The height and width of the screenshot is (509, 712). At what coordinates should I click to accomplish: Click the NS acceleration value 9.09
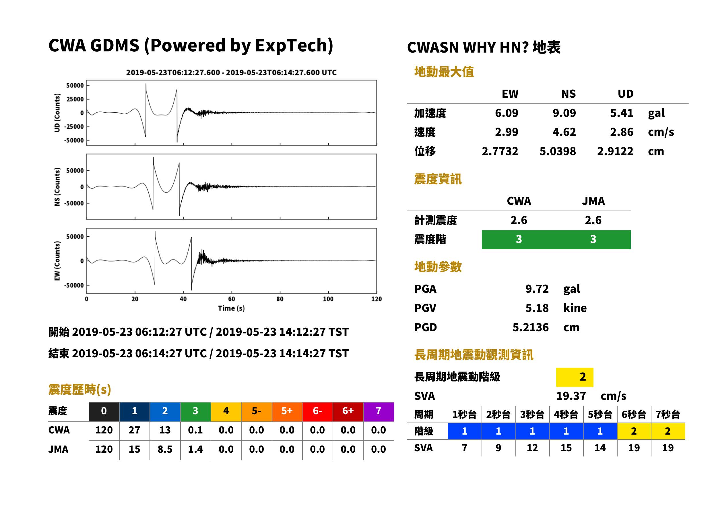(564, 113)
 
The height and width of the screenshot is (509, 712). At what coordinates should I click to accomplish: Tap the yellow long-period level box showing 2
(575, 377)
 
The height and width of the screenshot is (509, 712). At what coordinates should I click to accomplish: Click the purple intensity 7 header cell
(379, 411)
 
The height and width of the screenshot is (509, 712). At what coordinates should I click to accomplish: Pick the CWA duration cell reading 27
(134, 430)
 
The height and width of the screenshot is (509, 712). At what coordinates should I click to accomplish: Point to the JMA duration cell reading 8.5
(165, 449)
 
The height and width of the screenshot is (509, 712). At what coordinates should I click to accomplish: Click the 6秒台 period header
(634, 414)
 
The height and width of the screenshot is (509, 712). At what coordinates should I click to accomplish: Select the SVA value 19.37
(571, 396)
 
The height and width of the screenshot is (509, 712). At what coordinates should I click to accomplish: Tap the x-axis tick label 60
(231, 299)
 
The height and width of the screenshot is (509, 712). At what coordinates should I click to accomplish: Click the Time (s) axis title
(231, 309)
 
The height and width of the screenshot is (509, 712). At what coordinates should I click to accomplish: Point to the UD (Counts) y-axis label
(57, 113)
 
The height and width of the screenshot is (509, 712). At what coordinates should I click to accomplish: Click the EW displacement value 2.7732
(500, 151)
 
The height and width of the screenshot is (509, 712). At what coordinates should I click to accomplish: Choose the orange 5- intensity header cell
(257, 411)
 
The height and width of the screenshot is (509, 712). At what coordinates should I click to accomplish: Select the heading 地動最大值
(444, 72)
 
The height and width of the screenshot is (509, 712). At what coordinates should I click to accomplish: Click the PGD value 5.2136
(530, 327)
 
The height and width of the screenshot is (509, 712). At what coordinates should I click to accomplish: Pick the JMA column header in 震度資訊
(593, 201)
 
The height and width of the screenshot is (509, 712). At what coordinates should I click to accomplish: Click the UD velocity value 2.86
(622, 132)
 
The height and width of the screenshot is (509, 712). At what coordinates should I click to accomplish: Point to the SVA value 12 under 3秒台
(532, 448)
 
